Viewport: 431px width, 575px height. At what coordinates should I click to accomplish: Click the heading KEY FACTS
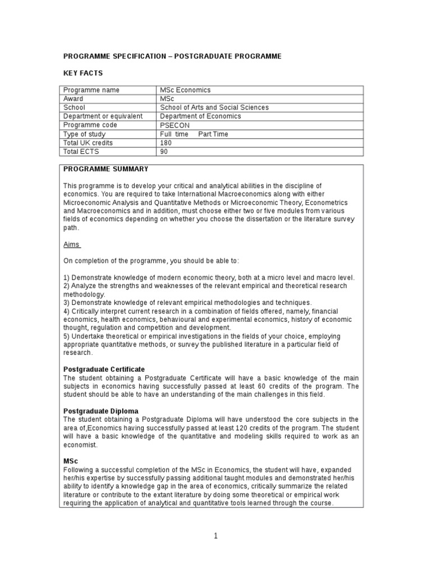82,73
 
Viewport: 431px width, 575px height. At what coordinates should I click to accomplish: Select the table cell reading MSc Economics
185,90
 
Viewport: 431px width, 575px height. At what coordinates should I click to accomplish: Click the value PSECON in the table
176,125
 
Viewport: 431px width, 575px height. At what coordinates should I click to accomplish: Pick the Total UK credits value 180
166,143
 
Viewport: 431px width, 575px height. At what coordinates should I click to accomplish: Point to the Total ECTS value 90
164,152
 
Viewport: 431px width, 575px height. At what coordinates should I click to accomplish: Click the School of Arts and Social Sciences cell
214,107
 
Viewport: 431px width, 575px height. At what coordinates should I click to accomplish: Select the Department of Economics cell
200,116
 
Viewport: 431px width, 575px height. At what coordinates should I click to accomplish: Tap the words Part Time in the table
213,134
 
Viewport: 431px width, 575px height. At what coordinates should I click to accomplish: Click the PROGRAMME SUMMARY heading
106,169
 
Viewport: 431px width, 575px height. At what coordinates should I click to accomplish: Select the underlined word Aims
71,245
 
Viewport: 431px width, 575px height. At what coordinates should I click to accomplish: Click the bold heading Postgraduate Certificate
104,369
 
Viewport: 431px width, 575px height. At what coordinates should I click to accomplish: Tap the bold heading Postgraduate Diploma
99,411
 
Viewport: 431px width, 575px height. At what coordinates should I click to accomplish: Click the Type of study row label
84,134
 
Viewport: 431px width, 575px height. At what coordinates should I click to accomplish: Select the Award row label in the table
74,99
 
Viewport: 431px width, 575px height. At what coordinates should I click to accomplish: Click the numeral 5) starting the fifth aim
66,336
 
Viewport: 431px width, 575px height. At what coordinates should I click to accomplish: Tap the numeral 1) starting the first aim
66,278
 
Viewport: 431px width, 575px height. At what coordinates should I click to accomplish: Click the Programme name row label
91,90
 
